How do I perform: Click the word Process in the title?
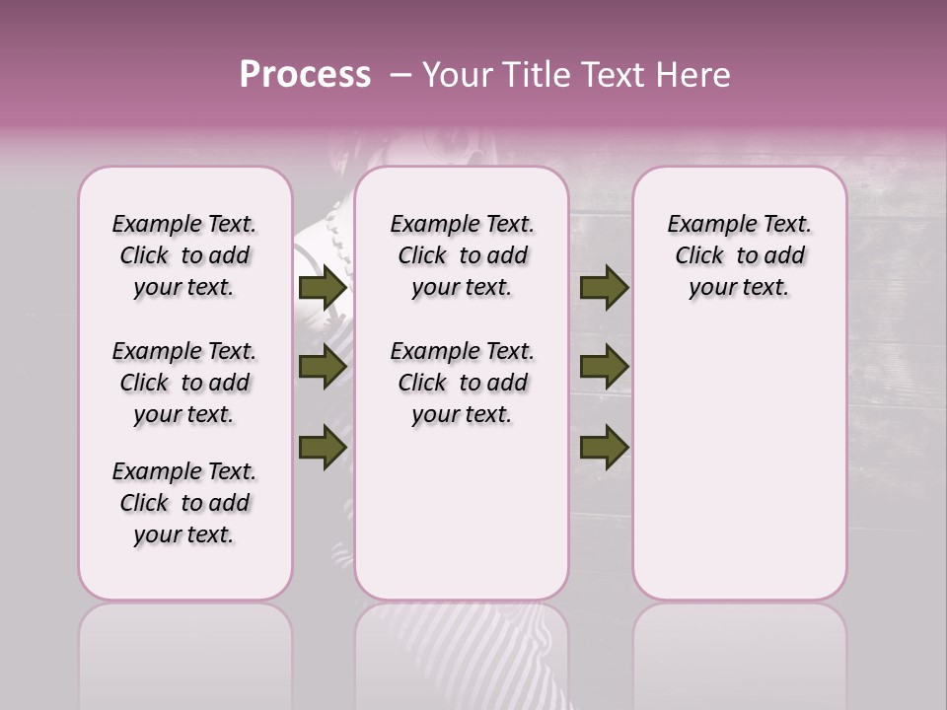point(305,75)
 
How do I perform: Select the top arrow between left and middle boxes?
point(322,288)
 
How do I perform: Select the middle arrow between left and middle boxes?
point(322,368)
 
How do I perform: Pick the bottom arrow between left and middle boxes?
point(322,447)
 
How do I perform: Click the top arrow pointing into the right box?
point(604,288)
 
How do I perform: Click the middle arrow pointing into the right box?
point(604,368)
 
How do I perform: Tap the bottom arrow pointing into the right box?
point(604,447)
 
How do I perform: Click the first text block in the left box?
point(184,255)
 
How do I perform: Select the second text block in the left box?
point(184,383)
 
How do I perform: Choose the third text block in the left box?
point(184,503)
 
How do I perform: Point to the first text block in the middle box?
point(462,255)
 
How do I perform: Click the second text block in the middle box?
point(462,383)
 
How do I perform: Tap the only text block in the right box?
point(739,255)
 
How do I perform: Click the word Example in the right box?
point(704,225)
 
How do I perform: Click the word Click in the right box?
point(699,256)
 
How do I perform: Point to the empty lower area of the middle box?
point(462,513)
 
